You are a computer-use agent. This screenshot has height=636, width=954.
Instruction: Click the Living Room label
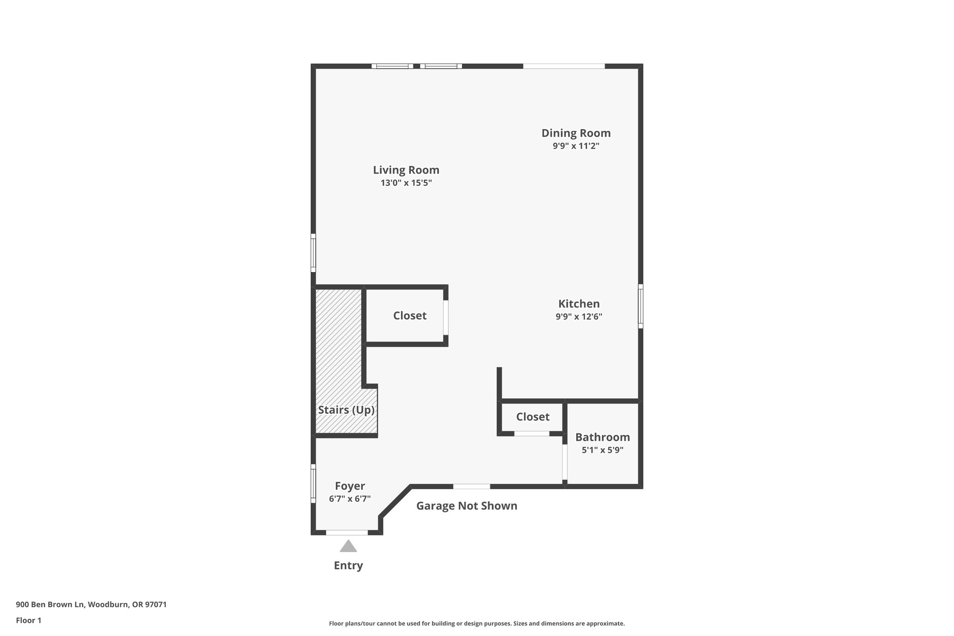coord(406,170)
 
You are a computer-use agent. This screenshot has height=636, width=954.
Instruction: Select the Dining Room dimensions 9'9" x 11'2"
coord(576,146)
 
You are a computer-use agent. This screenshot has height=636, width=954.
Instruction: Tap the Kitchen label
coord(579,304)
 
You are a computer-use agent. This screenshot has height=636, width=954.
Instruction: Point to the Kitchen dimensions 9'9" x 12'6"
coord(579,317)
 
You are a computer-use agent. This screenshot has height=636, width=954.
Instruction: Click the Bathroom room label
coord(602,437)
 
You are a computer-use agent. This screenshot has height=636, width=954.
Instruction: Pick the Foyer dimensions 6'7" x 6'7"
coord(349,499)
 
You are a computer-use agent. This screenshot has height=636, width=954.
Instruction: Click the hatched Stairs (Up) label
coord(346,410)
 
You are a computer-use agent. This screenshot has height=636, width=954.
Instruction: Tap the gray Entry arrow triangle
coord(348,546)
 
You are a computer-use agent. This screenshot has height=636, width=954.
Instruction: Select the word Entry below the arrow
coord(348,566)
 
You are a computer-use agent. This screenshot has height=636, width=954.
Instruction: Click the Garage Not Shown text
coord(466,506)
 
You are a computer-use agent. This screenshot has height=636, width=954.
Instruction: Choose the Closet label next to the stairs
coord(409,316)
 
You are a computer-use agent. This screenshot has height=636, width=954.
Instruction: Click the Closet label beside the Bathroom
coord(532,417)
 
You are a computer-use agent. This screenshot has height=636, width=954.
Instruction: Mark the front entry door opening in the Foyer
coord(347,532)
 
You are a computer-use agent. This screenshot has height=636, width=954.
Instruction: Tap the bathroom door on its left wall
coord(565,462)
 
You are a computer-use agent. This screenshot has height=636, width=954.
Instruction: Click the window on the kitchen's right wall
coord(641,306)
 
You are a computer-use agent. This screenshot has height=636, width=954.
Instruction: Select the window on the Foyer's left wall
coord(313,483)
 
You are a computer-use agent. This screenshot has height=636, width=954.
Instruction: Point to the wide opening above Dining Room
coord(564,66)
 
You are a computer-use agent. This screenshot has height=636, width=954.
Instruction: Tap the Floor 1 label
coord(28,621)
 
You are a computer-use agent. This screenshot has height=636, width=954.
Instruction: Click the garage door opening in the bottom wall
coord(471,486)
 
